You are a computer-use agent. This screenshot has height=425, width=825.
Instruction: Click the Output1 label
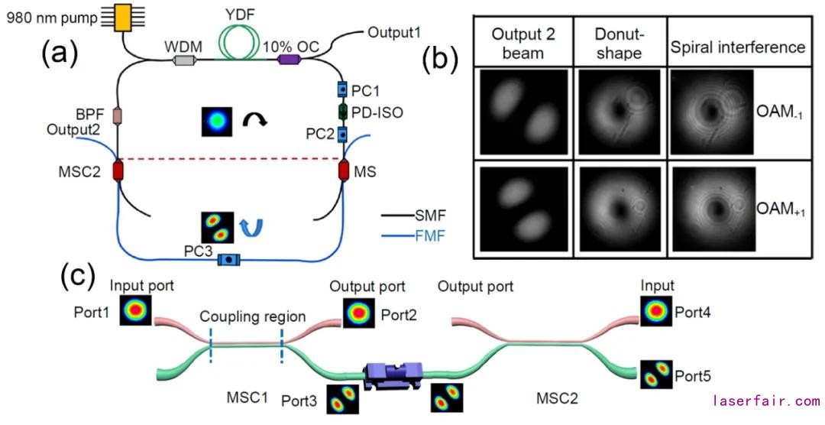pyautogui.click(x=394, y=33)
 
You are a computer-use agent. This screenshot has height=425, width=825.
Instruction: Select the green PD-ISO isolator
pyautogui.click(x=342, y=112)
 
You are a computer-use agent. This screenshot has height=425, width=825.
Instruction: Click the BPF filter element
pyautogui.click(x=118, y=116)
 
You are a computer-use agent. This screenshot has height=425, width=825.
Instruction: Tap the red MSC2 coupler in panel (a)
pyautogui.click(x=118, y=170)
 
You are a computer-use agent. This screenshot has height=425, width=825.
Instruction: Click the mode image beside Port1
pyautogui.click(x=136, y=311)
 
